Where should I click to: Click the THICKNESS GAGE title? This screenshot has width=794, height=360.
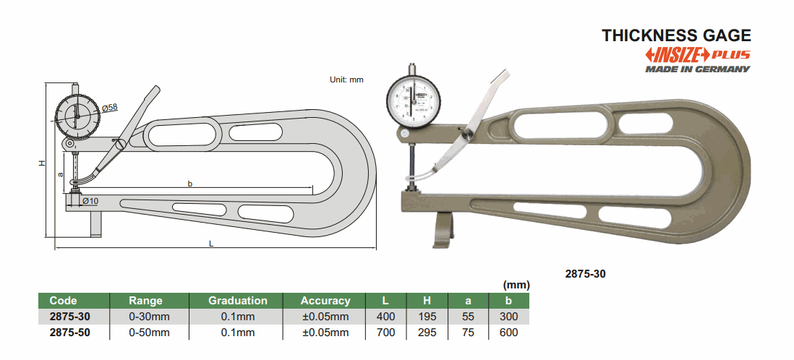pyautogui.click(x=676, y=35)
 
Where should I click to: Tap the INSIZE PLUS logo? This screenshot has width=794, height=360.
pyautogui.click(x=697, y=55)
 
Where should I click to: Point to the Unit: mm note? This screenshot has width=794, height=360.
pyautogui.click(x=346, y=80)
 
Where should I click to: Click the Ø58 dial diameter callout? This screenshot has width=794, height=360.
pyautogui.click(x=109, y=108)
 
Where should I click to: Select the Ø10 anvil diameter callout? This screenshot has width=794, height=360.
pyautogui.click(x=90, y=201)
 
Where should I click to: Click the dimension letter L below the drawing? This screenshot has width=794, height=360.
pyautogui.click(x=211, y=244)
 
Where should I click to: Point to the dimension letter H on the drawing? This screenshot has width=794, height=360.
pyautogui.click(x=43, y=163)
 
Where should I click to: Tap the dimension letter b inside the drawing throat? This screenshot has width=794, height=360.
pyautogui.click(x=190, y=184)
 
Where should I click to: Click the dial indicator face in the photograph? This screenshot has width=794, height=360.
pyautogui.click(x=414, y=100)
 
